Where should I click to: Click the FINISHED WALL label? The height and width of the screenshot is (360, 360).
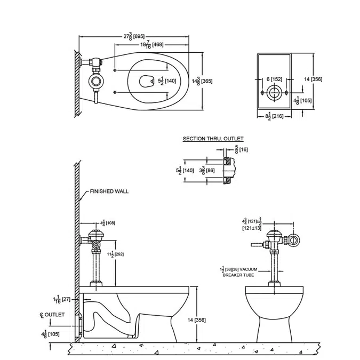coord(109,191)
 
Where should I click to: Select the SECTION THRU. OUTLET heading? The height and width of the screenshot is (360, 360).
coord(213,139)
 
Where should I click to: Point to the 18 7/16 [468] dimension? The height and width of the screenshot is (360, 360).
coord(151,45)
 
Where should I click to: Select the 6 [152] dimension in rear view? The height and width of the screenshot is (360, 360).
coord(274,79)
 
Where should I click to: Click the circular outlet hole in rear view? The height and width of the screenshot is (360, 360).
coord(274,93)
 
